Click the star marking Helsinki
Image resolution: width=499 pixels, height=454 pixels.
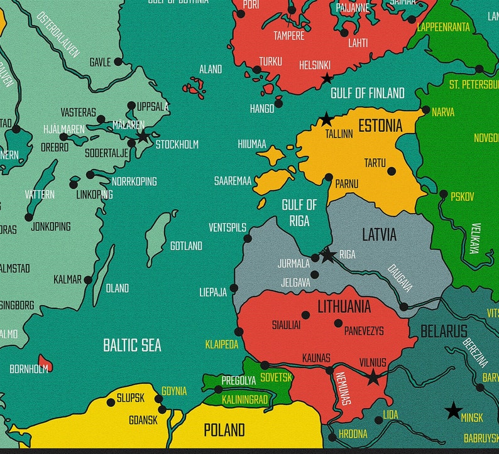[x=327, y=78]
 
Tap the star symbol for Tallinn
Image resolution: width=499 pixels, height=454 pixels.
[x=326, y=119]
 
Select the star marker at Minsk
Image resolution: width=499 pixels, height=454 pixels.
[x=453, y=411]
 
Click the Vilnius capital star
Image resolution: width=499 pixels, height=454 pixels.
[x=373, y=377]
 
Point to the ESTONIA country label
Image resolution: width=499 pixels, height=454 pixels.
[x=380, y=126]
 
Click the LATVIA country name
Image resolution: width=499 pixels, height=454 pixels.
[x=379, y=235]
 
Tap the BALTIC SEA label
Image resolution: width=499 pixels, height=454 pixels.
[x=132, y=345]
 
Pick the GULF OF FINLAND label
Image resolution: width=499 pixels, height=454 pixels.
[x=368, y=94]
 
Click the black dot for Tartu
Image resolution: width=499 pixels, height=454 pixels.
[x=392, y=171]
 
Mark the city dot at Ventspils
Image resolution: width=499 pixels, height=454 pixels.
[x=248, y=239]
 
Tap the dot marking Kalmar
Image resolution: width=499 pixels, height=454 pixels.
[x=88, y=280]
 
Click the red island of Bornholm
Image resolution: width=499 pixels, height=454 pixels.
[x=45, y=362]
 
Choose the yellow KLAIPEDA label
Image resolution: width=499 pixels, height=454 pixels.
[x=222, y=345]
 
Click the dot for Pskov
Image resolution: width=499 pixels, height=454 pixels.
[x=444, y=194]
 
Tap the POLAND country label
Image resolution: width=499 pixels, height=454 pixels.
[x=224, y=430]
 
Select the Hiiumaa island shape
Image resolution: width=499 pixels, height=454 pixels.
[x=270, y=155]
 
